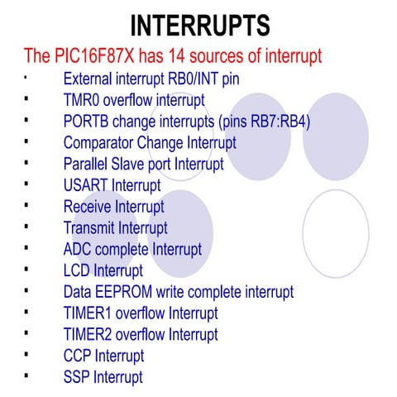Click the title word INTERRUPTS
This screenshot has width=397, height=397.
(x=200, y=25)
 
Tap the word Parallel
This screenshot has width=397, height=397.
(x=86, y=165)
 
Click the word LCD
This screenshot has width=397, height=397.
(x=77, y=270)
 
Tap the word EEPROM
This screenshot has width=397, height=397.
(x=126, y=292)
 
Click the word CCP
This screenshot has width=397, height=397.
(x=77, y=356)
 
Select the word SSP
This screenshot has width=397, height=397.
(x=77, y=377)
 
